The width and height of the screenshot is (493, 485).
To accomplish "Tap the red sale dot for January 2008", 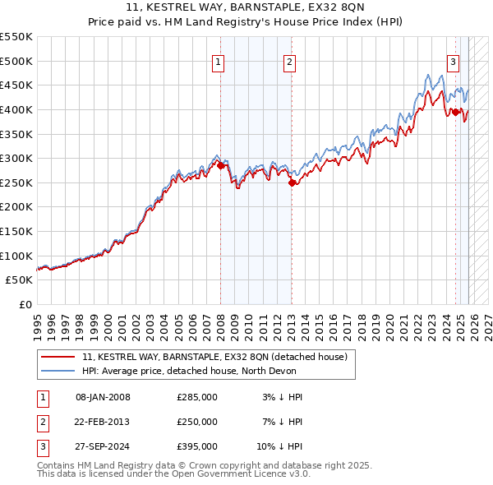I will [220, 165].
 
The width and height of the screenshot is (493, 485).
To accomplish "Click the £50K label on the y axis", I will [21, 280].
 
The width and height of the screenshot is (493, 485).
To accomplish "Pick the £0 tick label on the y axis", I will [26, 305].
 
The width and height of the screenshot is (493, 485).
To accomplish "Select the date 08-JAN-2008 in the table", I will [103, 397].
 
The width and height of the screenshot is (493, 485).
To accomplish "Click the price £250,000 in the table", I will [196, 422].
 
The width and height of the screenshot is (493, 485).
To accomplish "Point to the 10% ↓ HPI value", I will [280, 446].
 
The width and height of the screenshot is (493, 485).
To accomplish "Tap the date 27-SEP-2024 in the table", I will [103, 446].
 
